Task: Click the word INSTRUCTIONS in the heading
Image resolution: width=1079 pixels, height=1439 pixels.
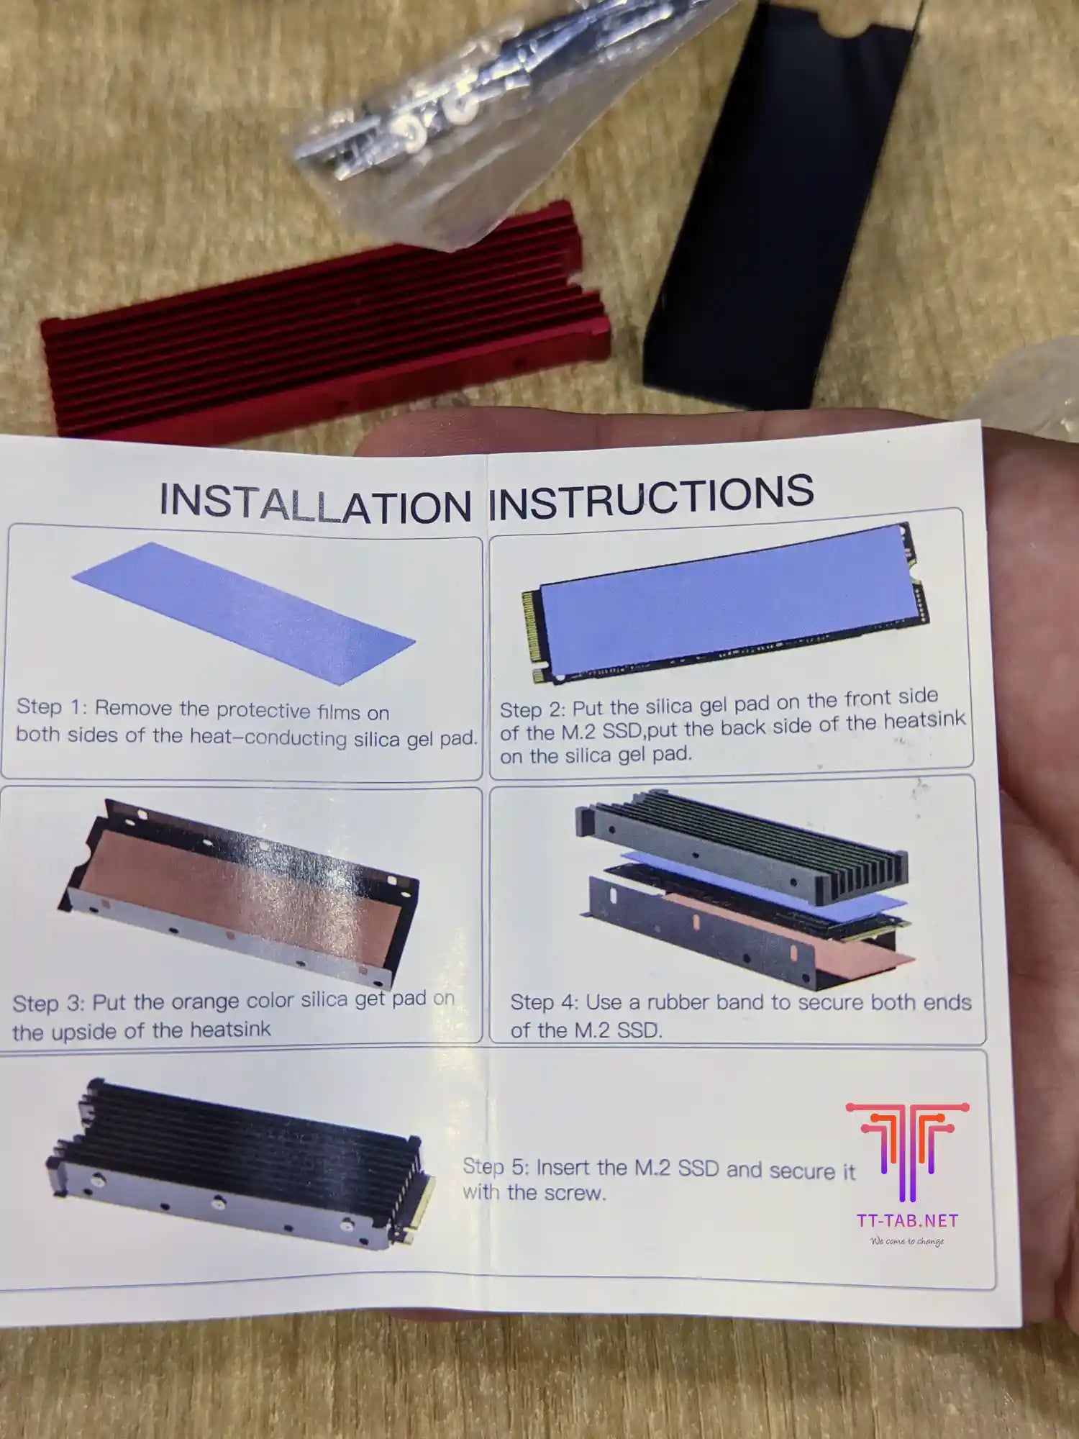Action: [651, 496]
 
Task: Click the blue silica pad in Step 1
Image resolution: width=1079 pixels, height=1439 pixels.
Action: [244, 613]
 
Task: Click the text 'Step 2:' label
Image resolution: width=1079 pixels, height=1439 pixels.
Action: [532, 709]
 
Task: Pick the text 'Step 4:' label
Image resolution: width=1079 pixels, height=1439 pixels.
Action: [544, 1002]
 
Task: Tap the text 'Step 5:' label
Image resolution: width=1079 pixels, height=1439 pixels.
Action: [496, 1166]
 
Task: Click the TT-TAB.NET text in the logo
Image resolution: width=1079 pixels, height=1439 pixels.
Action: [907, 1221]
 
